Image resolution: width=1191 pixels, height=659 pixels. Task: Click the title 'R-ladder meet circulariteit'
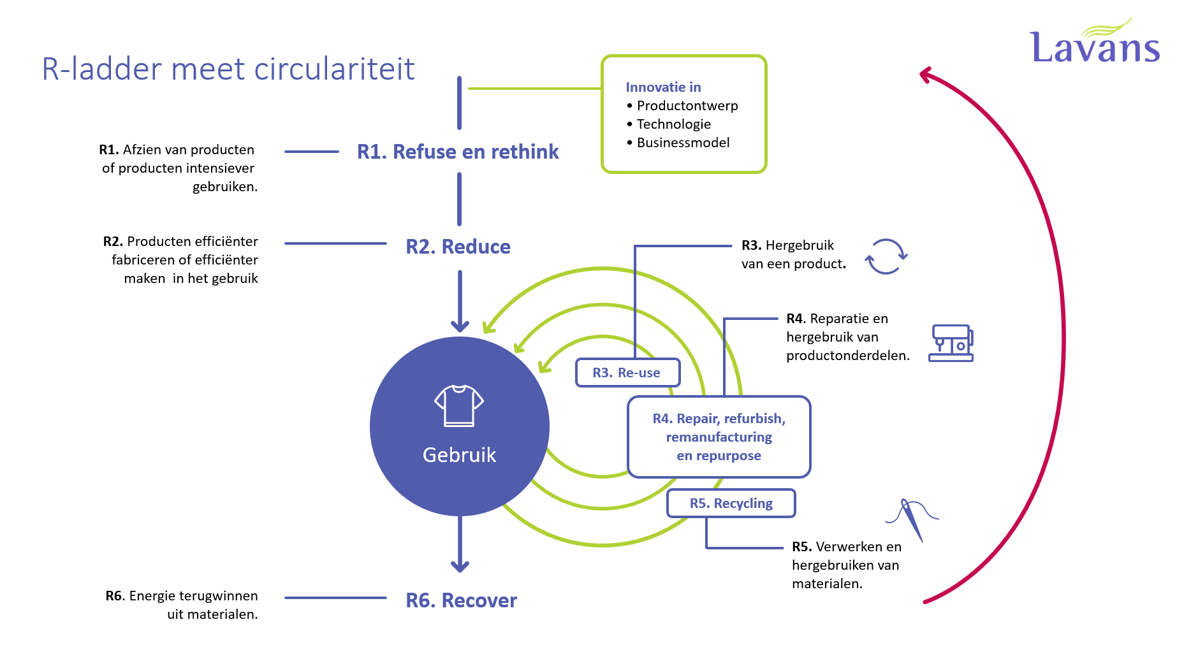pyautogui.click(x=228, y=69)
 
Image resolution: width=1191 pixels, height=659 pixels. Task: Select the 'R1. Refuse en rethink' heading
pyautogui.click(x=457, y=152)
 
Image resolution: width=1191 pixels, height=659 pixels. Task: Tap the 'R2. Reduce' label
pyautogui.click(x=458, y=247)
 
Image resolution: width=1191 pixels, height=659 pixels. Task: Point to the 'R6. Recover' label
pyautogui.click(x=461, y=600)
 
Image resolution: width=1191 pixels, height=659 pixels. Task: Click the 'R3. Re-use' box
pyautogui.click(x=627, y=373)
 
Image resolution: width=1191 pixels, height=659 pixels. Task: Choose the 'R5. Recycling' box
pyautogui.click(x=731, y=503)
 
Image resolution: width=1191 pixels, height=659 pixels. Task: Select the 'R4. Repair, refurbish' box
pyautogui.click(x=719, y=437)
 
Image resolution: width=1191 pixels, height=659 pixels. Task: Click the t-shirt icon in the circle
pyautogui.click(x=459, y=405)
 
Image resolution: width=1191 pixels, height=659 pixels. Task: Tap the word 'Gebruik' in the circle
pyautogui.click(x=459, y=455)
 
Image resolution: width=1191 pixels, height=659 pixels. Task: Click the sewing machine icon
pyautogui.click(x=951, y=343)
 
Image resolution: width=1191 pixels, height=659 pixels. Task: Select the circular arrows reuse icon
pyautogui.click(x=886, y=256)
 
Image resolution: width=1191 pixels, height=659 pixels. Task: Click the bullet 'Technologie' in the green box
pyautogui.click(x=673, y=124)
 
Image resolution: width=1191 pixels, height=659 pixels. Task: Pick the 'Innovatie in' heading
pyautogui.click(x=663, y=87)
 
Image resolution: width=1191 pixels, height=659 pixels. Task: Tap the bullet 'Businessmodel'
pyautogui.click(x=683, y=143)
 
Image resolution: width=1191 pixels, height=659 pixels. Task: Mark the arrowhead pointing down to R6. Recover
pyautogui.click(x=460, y=566)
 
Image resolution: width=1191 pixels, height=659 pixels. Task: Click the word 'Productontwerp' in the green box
pyautogui.click(x=687, y=106)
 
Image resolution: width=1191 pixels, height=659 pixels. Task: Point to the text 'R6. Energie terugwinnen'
pyautogui.click(x=182, y=596)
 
